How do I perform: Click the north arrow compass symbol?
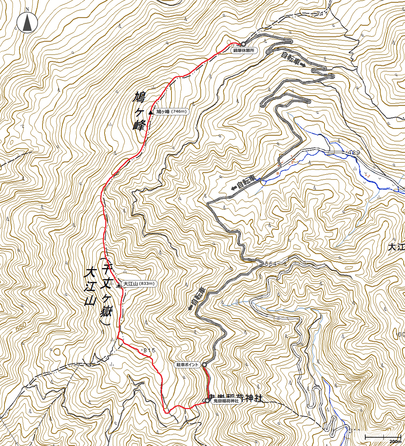(27, 22)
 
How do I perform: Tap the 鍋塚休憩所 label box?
(244, 51)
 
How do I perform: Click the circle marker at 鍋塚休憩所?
(243, 44)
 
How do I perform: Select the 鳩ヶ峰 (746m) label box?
(171, 112)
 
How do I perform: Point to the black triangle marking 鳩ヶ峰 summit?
(151, 112)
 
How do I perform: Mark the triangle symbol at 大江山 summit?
(119, 285)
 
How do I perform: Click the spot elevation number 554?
(271, 264)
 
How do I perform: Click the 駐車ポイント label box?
(187, 365)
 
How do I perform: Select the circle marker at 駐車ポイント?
(204, 364)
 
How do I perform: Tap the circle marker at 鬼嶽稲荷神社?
(207, 401)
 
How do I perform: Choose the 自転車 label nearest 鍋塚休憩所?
(293, 60)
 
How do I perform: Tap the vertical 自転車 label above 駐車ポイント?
(197, 299)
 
